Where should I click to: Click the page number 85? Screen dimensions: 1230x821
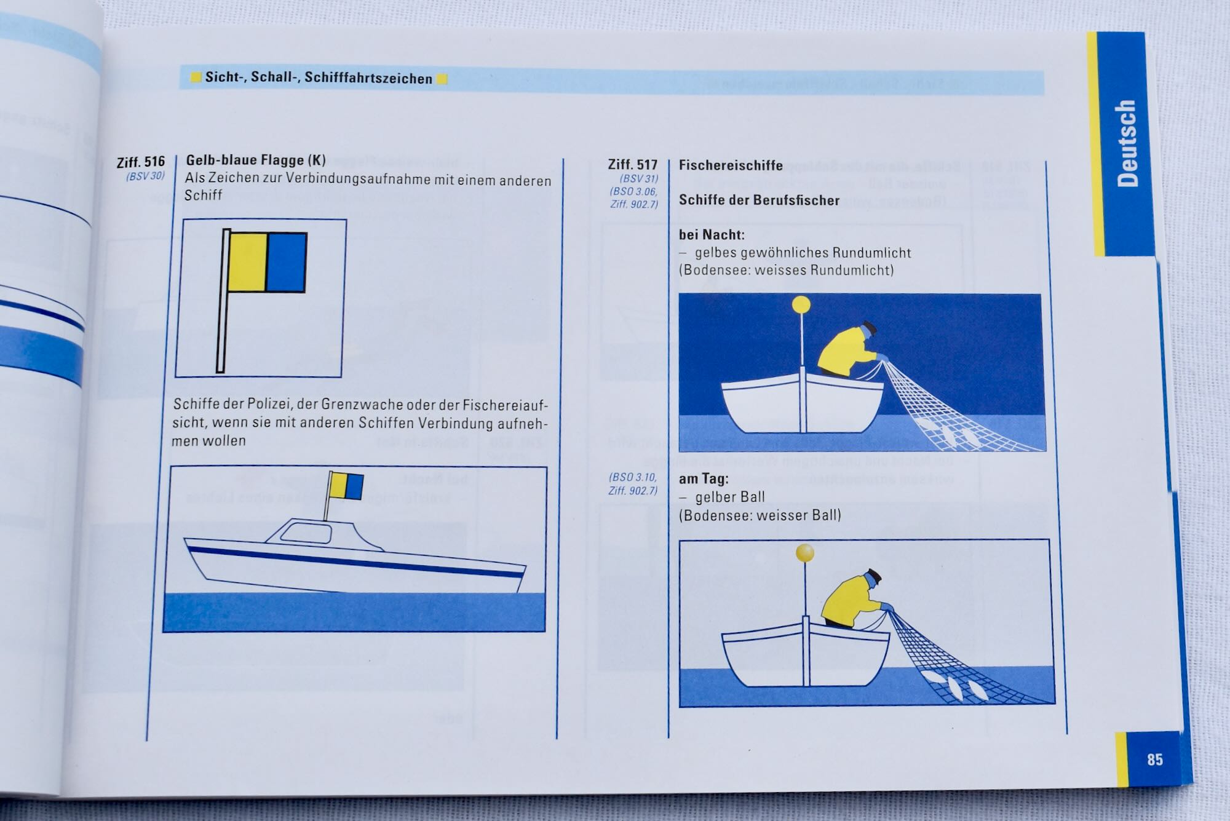[x=1154, y=760]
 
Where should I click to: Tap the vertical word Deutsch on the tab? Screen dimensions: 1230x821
[x=1127, y=143]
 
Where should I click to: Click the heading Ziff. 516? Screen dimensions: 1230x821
[x=141, y=162]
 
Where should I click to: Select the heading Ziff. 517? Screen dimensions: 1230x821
[x=633, y=165]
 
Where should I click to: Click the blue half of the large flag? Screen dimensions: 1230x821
[x=286, y=263]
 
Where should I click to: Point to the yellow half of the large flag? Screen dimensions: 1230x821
[x=247, y=262]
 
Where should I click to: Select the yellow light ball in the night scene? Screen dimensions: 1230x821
[x=801, y=304]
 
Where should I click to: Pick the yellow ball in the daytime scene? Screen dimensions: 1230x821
[x=805, y=553]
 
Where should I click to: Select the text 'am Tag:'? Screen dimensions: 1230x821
[x=704, y=478]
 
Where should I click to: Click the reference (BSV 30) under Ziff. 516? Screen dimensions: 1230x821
[x=146, y=176]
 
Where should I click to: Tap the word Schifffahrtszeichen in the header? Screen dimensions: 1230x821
[x=368, y=78]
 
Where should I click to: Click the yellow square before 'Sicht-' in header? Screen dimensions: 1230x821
[x=196, y=77]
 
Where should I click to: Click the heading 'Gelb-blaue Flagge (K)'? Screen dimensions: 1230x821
[x=256, y=161]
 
